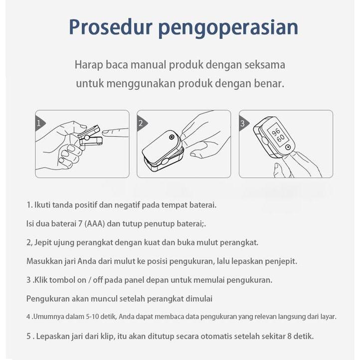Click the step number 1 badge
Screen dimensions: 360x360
[38, 123]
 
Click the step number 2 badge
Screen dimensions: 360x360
[141, 123]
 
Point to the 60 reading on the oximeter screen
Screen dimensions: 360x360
[281, 138]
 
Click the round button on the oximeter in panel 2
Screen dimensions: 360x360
[172, 137]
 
